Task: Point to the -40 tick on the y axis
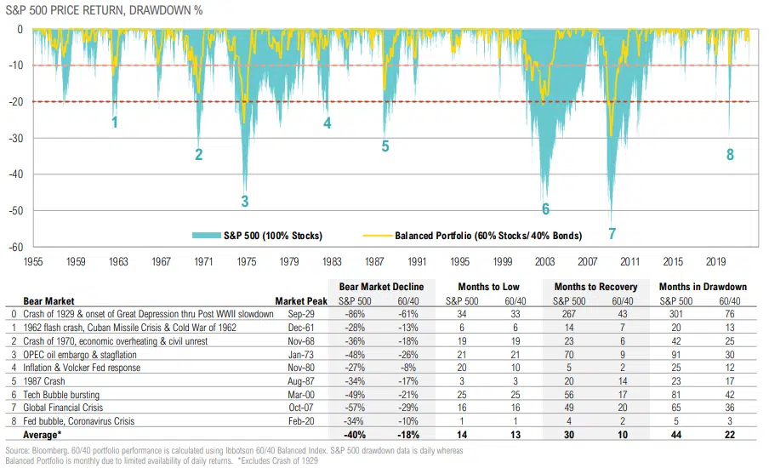(17, 174)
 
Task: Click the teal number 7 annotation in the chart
(611, 233)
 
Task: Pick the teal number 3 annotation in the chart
(245, 202)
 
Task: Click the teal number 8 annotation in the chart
(730, 155)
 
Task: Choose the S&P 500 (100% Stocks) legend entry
(270, 235)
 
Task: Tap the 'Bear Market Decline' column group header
(381, 287)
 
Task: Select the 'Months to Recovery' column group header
(595, 287)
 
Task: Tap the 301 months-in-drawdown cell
(676, 314)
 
